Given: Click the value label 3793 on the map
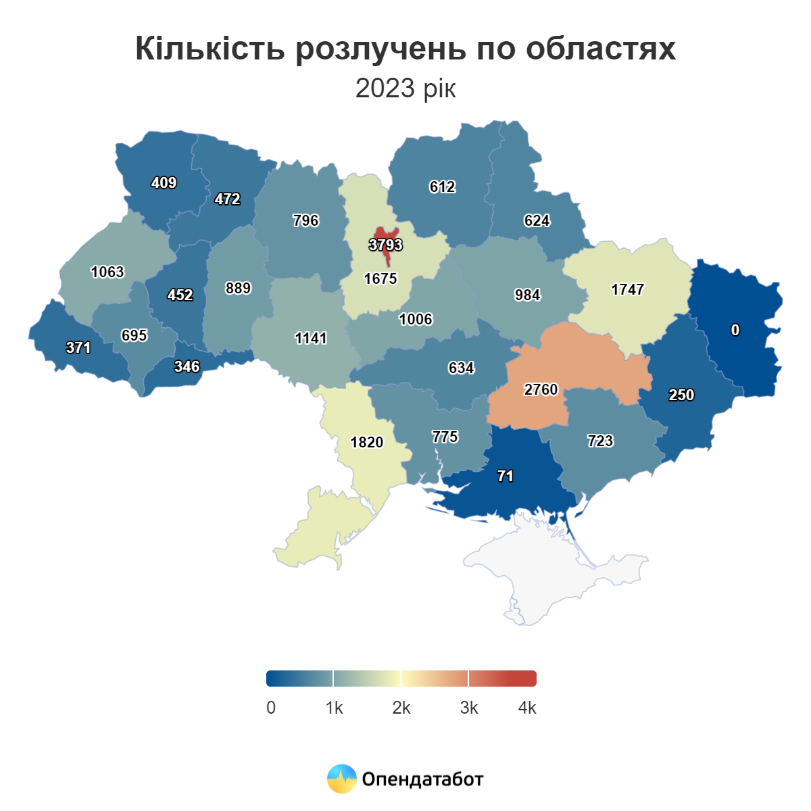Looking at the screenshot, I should coord(385,245).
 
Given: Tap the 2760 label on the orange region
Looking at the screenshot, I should coord(541,389).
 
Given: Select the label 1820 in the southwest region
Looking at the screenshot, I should coord(366,442).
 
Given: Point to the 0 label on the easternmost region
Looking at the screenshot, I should coord(735,330).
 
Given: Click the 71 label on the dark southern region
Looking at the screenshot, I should coord(505,476).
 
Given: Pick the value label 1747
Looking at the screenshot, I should coord(627,289).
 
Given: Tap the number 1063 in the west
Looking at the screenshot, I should coord(107,272).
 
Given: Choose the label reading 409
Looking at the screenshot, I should coord(164,182).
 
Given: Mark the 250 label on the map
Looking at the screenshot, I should coord(681,395).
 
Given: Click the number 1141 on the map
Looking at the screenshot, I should coord(311,338).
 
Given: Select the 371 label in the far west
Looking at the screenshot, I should coord(78,347).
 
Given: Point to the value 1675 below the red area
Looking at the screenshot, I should coord(380,278).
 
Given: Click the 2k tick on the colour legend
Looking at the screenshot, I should coord(401,708).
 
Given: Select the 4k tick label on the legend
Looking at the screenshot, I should coord(527,708).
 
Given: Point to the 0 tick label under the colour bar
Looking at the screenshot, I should coord(271,708).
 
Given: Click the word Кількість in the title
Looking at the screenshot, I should coord(210,49).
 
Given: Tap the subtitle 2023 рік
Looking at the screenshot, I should coord(405,89).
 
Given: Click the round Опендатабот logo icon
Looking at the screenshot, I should coord(341,779).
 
